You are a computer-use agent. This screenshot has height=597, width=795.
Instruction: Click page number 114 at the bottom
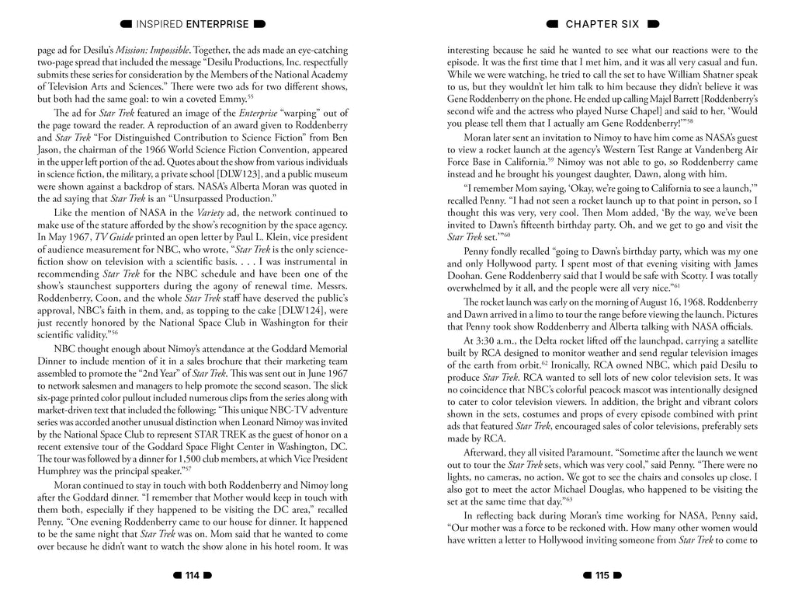click(x=192, y=575)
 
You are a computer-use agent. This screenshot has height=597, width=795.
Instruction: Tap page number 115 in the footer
click(x=602, y=575)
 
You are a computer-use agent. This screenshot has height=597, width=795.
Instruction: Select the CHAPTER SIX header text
click(x=602, y=24)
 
